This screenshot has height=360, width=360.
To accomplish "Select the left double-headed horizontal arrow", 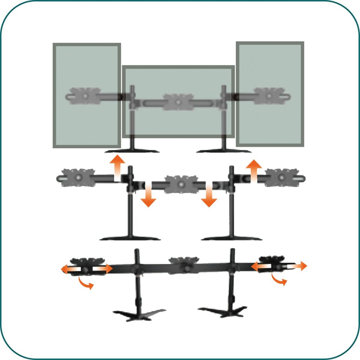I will click(x=86, y=269).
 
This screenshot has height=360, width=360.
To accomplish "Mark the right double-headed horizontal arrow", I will click(x=279, y=266).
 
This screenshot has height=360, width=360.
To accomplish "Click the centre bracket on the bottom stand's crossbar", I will click(x=184, y=264).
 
